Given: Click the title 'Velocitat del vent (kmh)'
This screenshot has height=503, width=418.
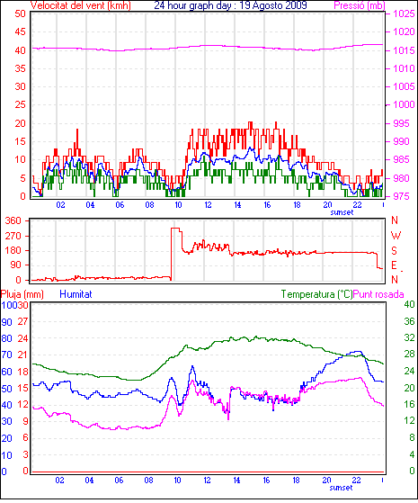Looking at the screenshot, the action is (81, 5).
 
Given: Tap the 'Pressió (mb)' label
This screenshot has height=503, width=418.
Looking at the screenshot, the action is (359, 5).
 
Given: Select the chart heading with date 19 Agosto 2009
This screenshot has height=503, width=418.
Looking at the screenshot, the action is (230, 5).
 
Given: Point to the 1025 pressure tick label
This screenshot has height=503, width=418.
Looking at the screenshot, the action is (404, 13).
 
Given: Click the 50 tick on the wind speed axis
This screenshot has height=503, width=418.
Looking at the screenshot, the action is (20, 13).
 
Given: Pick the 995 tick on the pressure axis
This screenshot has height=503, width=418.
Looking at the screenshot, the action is (401, 123).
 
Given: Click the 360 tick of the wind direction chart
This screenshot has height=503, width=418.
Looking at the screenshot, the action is (13, 220).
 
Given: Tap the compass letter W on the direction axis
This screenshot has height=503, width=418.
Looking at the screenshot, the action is (396, 236).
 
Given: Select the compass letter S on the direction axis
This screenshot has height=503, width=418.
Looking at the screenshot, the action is (395, 250).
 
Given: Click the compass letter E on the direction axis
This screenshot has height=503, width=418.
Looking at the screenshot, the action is (395, 265).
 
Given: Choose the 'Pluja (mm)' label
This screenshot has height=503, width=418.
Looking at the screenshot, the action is (22, 294).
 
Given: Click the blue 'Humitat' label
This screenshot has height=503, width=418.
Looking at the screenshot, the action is (76, 294).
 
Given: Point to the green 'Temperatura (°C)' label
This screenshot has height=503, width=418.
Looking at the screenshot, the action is (316, 294).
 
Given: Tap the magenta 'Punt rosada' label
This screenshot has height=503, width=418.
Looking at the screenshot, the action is (378, 294).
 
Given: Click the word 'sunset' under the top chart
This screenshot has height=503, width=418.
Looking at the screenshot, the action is (342, 212).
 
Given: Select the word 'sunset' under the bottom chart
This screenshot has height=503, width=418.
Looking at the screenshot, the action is (341, 488).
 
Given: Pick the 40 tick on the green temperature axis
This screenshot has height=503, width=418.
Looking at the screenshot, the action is (409, 304).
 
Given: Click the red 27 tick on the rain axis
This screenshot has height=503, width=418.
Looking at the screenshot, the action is (22, 322).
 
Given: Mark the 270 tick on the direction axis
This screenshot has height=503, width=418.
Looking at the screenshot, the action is (13, 236).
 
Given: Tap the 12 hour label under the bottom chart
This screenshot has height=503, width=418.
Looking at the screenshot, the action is (207, 481).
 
